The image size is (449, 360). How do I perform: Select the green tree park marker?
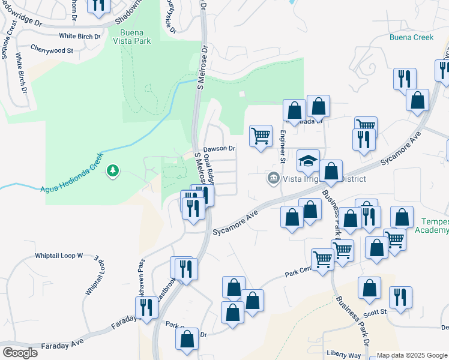pos(112,172)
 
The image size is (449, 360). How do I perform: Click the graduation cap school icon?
pos(308,161)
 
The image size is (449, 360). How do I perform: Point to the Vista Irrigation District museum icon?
pos(273,179)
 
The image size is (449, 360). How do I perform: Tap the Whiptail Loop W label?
pos(59,256)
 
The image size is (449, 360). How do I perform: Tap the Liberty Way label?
pos(343,353)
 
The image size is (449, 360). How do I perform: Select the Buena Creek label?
pos(411,37)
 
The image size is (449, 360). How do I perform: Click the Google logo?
pos(19,352)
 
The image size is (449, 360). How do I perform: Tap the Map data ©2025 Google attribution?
pos(412,355)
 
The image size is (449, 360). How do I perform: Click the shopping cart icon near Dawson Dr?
pos(261,136)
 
